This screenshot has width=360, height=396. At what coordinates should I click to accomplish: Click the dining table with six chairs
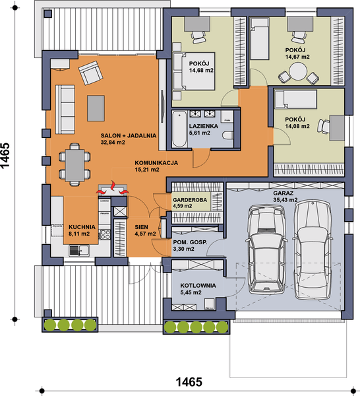[x=73, y=165]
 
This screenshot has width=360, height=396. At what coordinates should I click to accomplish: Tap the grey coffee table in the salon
[x=98, y=108]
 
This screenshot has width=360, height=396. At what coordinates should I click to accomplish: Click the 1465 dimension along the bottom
[x=189, y=382]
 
